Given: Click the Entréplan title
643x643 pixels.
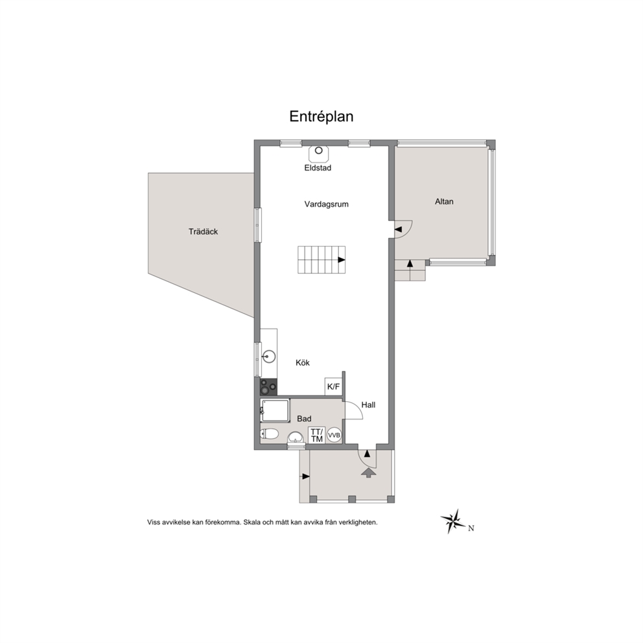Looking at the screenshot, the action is click(x=321, y=117).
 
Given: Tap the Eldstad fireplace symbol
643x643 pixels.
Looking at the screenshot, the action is click(x=319, y=152).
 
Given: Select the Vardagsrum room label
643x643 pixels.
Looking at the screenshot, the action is click(x=327, y=204).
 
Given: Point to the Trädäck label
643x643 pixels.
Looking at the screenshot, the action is click(x=203, y=231).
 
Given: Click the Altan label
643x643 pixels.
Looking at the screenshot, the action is click(x=444, y=202).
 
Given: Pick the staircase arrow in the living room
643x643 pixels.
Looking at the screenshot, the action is click(x=341, y=259).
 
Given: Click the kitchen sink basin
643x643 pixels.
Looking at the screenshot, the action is click(x=268, y=357).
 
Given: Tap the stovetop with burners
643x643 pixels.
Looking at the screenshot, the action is click(x=268, y=387).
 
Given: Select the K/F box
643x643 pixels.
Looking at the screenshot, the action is click(x=333, y=386).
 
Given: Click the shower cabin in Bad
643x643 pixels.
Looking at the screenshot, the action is click(x=275, y=410).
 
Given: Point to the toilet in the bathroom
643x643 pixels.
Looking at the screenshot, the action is click(x=269, y=434).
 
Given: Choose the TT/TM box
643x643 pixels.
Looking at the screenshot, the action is click(x=317, y=435).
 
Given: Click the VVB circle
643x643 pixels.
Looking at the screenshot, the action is click(x=334, y=435).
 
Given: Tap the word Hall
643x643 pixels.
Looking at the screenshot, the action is click(x=368, y=405).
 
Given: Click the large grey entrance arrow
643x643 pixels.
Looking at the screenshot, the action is click(x=369, y=473).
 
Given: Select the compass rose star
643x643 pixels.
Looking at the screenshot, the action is click(x=454, y=521).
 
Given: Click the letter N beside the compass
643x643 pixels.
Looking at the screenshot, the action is click(x=471, y=528).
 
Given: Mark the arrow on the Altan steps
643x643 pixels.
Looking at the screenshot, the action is click(x=410, y=264).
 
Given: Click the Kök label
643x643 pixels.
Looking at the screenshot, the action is click(x=303, y=363).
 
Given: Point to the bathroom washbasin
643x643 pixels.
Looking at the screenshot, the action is click(x=296, y=438).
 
